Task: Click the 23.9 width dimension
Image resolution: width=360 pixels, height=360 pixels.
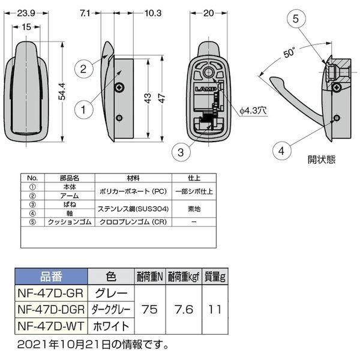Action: point(25,11)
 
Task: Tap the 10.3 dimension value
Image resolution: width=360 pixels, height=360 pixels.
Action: point(136,11)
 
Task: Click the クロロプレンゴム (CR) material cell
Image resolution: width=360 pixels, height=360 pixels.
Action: point(133,222)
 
